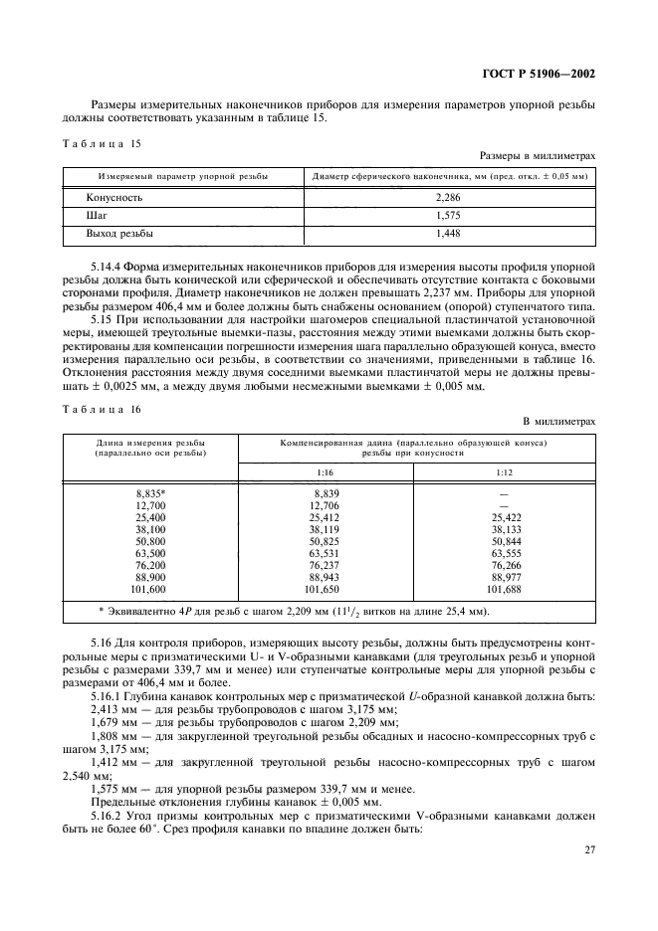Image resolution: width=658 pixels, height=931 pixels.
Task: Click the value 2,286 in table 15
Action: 449,197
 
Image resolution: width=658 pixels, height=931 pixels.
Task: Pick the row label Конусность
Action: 114,197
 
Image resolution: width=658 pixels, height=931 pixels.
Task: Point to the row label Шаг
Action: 98,215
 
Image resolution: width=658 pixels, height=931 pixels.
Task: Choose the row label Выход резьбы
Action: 121,233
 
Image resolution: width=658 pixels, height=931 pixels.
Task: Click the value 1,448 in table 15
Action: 449,233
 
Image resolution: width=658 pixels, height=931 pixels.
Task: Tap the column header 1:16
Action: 325,472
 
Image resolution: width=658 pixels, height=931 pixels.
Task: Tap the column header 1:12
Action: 504,472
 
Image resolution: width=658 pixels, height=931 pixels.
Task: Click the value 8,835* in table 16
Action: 150,493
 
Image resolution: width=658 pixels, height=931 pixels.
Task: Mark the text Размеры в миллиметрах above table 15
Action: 538,155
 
